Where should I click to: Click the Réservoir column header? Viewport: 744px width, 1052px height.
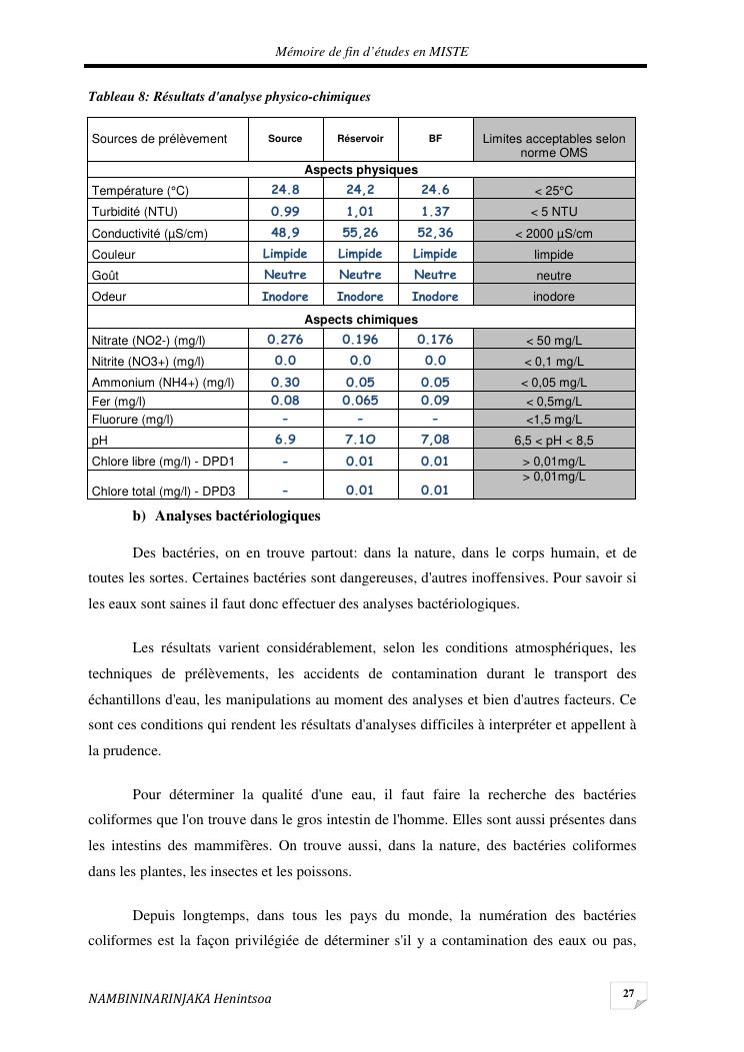tap(360, 139)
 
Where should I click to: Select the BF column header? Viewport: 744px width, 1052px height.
tap(435, 139)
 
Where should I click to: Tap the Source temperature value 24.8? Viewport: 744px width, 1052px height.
tap(285, 190)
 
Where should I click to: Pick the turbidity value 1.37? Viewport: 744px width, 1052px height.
tap(435, 211)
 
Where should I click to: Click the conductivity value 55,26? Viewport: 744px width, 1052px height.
tap(360, 232)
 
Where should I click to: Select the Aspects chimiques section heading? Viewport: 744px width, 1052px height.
tap(361, 319)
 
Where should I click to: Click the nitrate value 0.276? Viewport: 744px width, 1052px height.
tap(285, 340)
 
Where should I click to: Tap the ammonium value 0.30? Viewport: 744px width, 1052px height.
tap(285, 382)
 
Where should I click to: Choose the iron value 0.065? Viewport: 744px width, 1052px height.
tap(360, 400)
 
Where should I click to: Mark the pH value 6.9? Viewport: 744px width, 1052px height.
tap(285, 439)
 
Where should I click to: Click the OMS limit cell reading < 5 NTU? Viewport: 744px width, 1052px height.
tap(553, 212)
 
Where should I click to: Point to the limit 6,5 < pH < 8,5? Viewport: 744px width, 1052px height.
tap(553, 440)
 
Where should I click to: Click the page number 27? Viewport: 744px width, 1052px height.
tap(628, 994)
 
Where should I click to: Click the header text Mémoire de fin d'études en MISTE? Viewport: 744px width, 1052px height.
tap(372, 52)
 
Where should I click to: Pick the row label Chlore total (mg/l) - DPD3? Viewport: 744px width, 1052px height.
tap(163, 492)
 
